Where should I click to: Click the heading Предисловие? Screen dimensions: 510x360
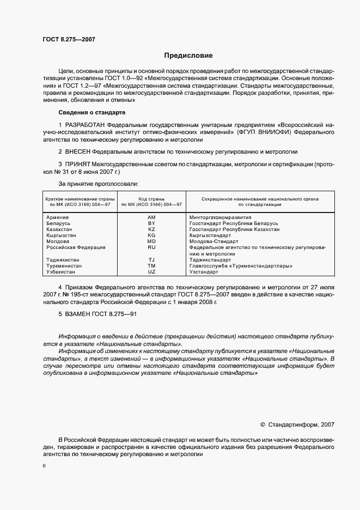(189, 56)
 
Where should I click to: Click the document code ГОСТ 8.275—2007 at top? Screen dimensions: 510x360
(64, 39)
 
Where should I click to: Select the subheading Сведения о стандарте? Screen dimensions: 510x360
(92, 112)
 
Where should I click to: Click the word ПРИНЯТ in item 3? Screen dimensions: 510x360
(78, 163)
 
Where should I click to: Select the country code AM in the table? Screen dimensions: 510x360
(152, 217)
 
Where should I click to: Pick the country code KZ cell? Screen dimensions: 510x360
(152, 229)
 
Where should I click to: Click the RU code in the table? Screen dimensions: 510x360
(152, 247)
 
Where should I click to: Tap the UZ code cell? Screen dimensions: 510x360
(152, 271)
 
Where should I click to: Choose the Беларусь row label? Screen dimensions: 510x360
(58, 223)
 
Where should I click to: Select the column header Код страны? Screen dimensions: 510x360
(152, 198)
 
